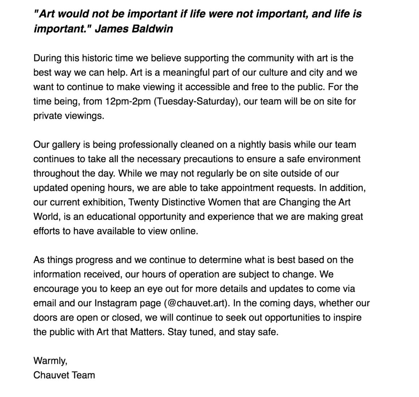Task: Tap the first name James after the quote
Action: tap(111, 29)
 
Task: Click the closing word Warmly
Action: tap(50, 361)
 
